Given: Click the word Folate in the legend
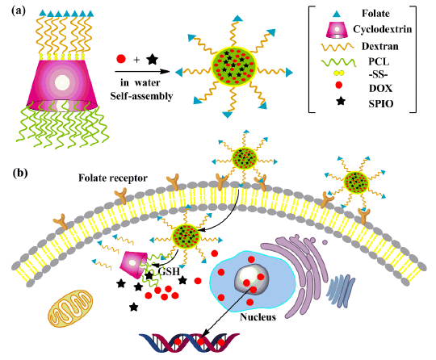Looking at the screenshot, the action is coord(375,14).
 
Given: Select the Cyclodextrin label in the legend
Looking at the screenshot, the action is coord(383,29).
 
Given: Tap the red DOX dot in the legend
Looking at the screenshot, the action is coord(338,85).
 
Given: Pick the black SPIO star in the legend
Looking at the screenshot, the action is coord(341,101).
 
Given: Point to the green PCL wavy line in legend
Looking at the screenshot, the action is coord(338,62).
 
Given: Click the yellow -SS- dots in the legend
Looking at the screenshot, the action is coord(338,73).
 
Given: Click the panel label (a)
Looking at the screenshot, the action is coord(19,11).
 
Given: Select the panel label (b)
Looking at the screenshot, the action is coord(20,173).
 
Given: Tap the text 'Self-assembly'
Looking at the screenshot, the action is coord(141,96).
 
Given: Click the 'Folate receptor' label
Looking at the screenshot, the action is coord(113,178).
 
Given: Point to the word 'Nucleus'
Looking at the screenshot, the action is coord(258,317).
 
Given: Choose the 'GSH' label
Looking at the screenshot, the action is coord(169,270).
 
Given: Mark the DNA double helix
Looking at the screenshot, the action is coord(189,342).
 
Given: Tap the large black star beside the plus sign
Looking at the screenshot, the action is coord(152,59).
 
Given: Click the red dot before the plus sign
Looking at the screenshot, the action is coord(121,59).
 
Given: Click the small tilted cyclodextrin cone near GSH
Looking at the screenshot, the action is coord(133,264).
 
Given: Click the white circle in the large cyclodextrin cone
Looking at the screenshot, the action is coord(62,82).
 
